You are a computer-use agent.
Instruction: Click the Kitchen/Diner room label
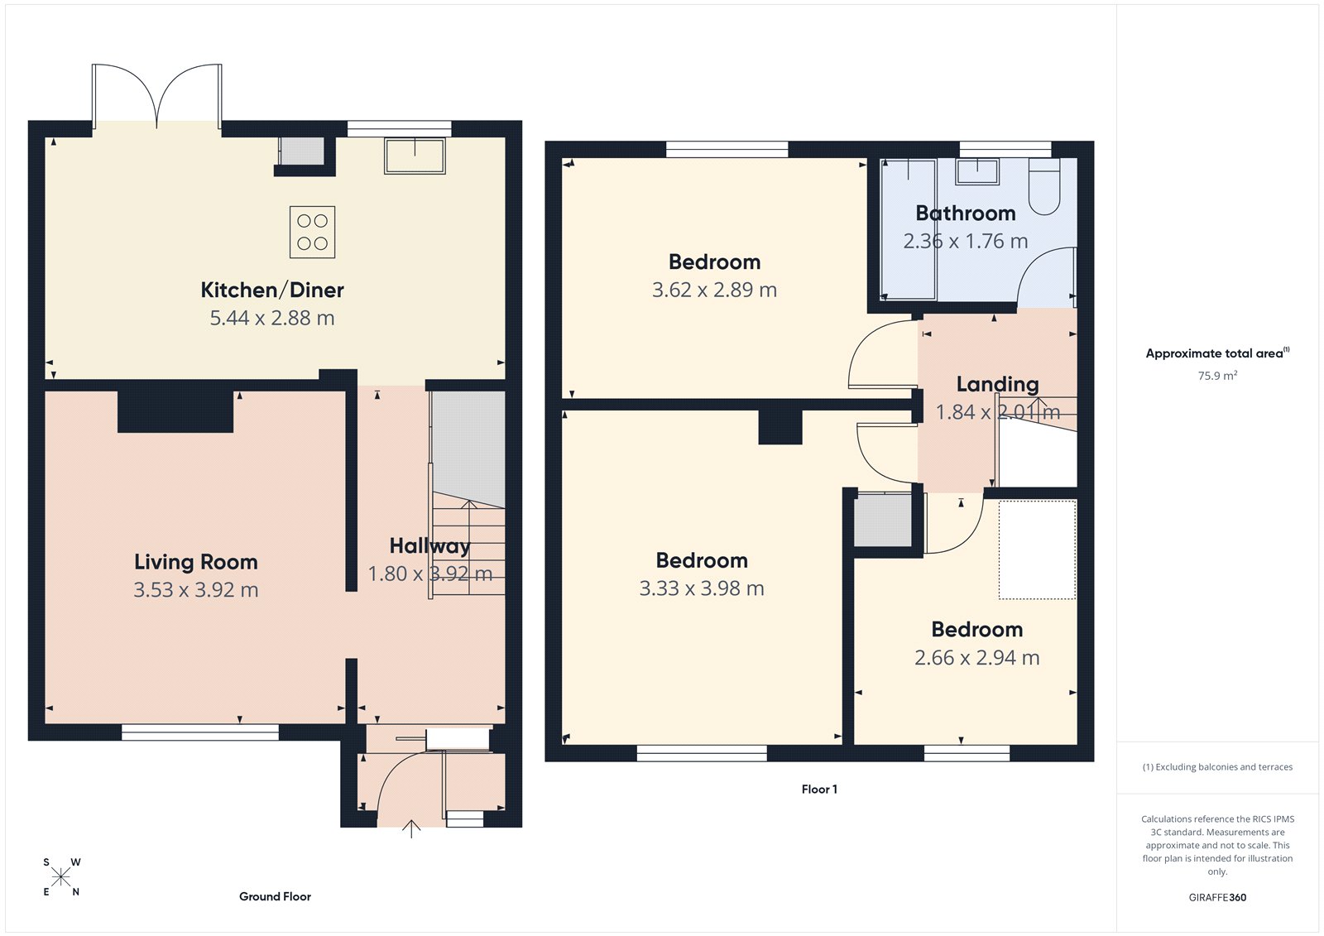click(271, 290)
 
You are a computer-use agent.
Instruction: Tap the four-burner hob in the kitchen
click(312, 232)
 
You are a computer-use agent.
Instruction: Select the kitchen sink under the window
click(415, 156)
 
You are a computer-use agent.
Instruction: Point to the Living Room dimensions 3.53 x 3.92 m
click(196, 590)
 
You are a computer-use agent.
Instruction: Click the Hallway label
click(429, 546)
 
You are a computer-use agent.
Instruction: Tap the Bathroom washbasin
click(976, 172)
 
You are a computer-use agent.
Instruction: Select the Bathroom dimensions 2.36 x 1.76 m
click(965, 242)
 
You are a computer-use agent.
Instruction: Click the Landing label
click(997, 384)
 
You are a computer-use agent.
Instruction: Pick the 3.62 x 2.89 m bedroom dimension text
click(714, 290)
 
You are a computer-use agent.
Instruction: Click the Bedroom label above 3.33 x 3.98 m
click(702, 560)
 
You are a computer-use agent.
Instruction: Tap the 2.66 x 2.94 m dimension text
click(976, 658)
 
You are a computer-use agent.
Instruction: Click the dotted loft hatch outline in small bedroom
click(1037, 549)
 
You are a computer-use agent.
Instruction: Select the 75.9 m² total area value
click(1217, 376)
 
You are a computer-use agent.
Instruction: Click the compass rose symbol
click(61, 877)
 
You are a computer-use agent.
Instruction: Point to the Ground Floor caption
click(275, 896)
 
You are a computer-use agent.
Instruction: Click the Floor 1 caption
click(819, 790)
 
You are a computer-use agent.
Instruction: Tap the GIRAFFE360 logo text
click(1217, 897)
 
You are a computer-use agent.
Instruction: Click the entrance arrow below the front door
click(411, 828)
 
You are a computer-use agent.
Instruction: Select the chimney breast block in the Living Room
click(175, 411)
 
